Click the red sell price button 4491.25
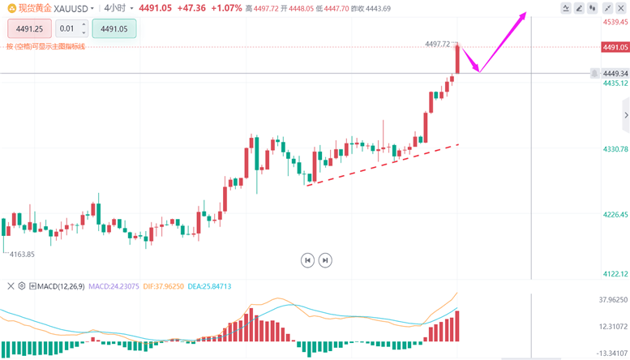coord(30,28)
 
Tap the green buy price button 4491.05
coord(114,28)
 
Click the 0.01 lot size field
coord(71,28)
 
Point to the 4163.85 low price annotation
coord(23,255)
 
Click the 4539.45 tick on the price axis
coord(614,22)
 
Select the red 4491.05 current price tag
coord(614,47)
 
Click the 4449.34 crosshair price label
coord(614,74)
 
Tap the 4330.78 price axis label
coord(614,149)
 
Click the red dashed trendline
coord(381,165)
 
